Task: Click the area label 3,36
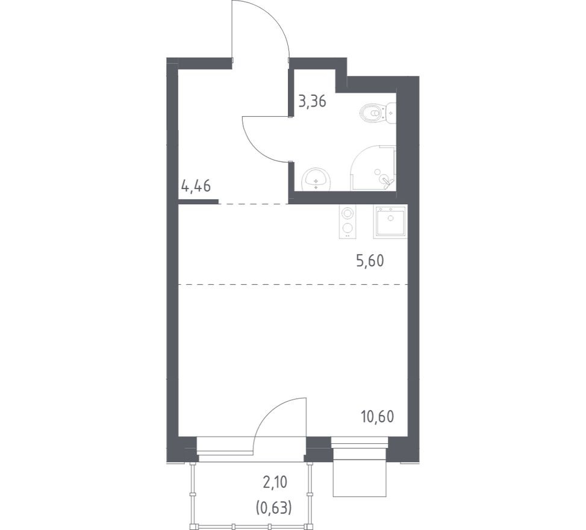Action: click(313, 101)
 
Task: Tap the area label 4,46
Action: click(196, 185)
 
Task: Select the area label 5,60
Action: click(369, 261)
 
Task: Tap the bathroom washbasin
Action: click(316, 178)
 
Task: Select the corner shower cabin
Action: click(373, 169)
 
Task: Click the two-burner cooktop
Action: click(348, 222)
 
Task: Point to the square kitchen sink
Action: click(390, 222)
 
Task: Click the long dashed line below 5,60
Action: click(293, 284)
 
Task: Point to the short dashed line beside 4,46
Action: click(253, 204)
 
